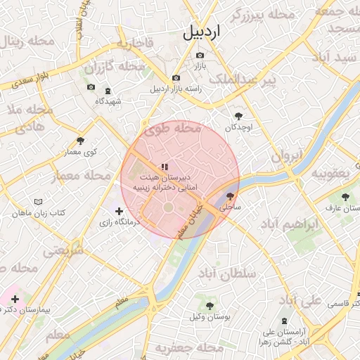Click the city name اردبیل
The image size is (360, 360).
202,32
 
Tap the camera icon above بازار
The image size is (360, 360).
200,55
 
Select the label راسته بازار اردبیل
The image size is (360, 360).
176,89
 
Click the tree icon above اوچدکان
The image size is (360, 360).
238,116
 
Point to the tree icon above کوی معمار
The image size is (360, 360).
80,141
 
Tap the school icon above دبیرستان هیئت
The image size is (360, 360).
164,167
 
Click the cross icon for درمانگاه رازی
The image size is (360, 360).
119,210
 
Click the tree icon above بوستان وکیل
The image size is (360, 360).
209,305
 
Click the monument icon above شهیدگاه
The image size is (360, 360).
108,91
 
